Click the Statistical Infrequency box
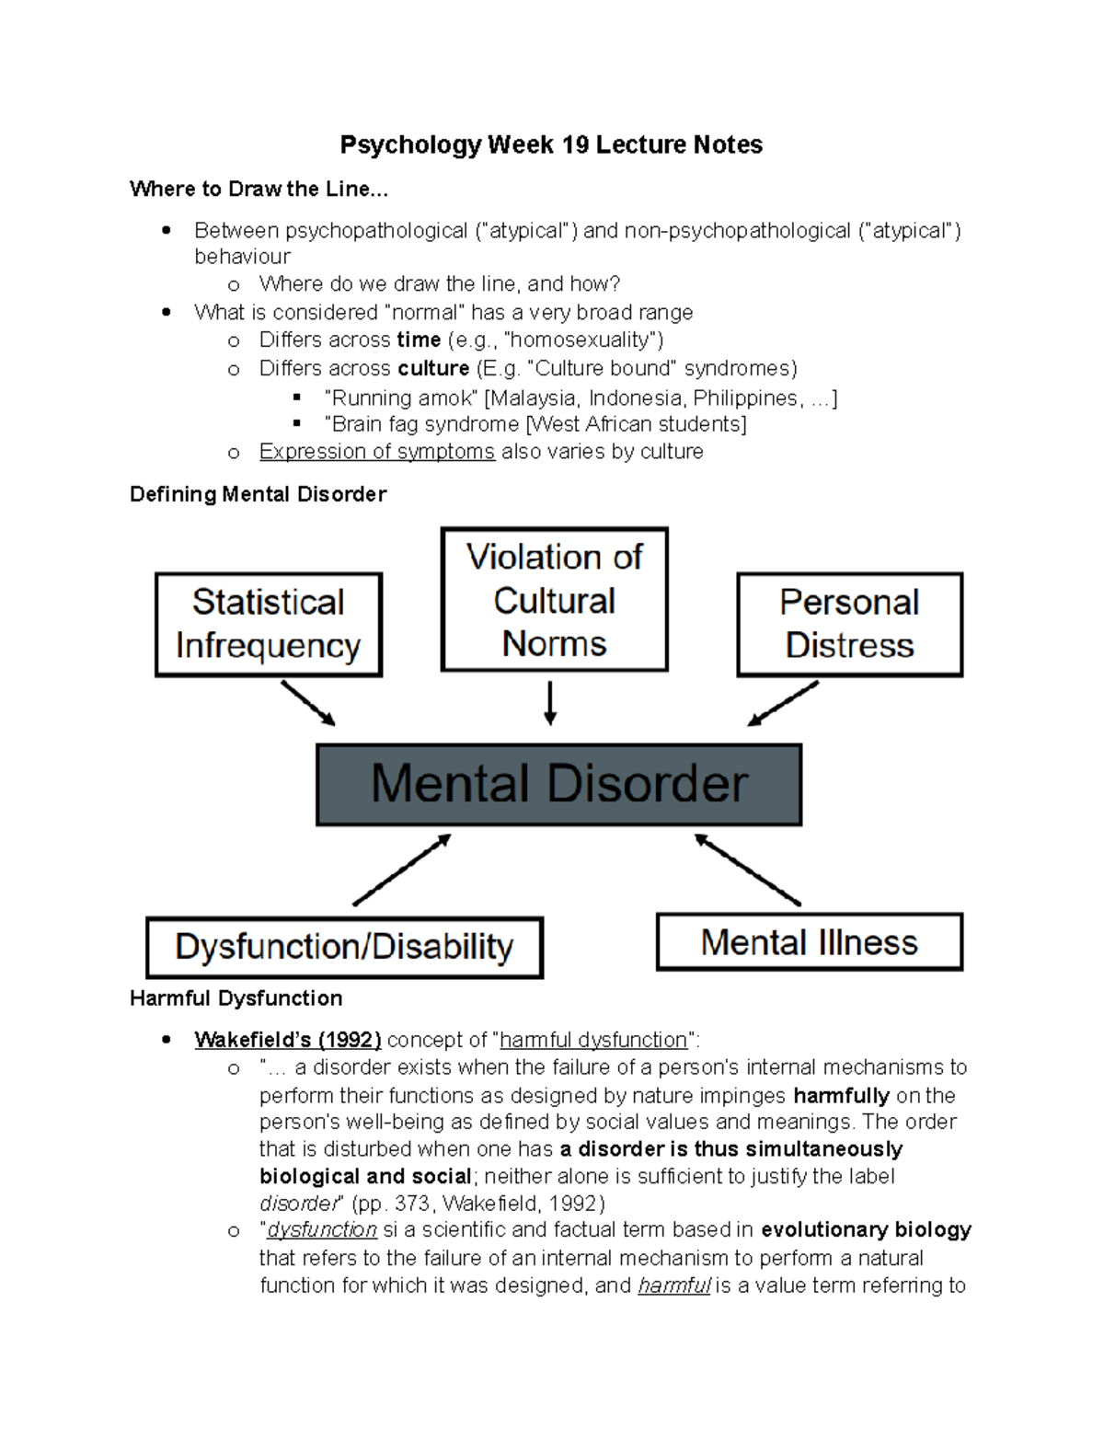click(x=268, y=625)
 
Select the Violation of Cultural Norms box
click(x=554, y=599)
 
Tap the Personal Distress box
click(x=849, y=625)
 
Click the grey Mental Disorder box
click(x=558, y=785)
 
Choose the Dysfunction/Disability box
click(x=344, y=947)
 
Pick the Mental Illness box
click(x=809, y=942)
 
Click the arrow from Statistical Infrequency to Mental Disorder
click(x=307, y=703)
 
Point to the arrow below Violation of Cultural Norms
click(x=550, y=703)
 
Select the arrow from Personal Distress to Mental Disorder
click(x=783, y=704)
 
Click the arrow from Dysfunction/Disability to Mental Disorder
click(x=402, y=870)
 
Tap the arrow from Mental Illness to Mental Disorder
click(x=747, y=870)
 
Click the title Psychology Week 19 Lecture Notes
click(x=551, y=145)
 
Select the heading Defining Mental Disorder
click(x=258, y=495)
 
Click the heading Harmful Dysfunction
click(x=236, y=998)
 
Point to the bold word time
click(x=419, y=340)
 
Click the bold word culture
click(x=433, y=369)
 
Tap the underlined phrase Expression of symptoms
click(x=377, y=452)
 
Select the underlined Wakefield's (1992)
click(x=287, y=1041)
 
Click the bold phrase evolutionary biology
click(x=867, y=1230)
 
